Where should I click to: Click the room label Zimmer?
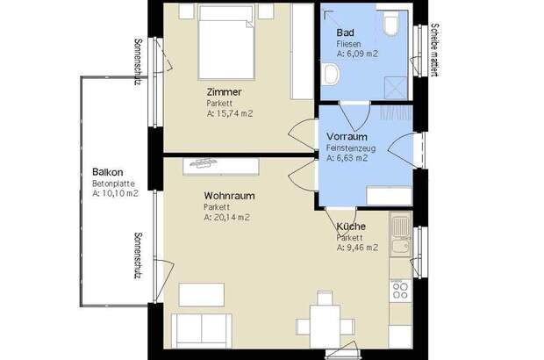[x=224, y=92]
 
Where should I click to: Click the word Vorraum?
[x=346, y=138]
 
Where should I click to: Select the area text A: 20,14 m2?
[x=226, y=217]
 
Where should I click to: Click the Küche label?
[x=351, y=227]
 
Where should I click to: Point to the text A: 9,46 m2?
[x=357, y=248]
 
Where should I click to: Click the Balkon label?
[x=107, y=172]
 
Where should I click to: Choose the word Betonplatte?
[x=112, y=184]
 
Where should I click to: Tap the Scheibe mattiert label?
[x=434, y=51]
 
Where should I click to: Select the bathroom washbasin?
[x=331, y=75]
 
